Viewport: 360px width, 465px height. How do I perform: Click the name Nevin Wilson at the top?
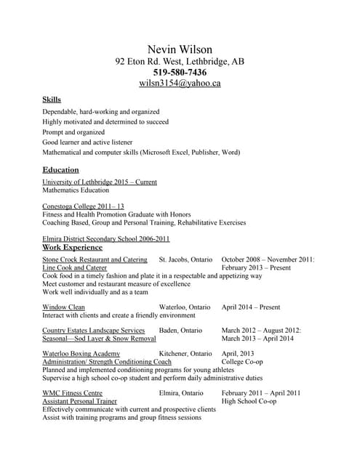180,49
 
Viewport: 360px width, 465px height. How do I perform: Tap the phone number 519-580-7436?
180,72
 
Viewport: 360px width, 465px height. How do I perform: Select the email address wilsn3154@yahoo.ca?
180,83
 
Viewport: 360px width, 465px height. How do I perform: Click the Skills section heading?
52,99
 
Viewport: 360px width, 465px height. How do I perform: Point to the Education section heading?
60,169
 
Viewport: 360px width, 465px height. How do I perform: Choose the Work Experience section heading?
73,247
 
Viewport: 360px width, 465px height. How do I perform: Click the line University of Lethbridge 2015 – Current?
100,182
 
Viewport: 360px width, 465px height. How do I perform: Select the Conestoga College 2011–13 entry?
83,206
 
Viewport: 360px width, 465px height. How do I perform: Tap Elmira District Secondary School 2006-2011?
106,238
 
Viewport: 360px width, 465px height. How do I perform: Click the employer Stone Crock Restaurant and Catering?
95,259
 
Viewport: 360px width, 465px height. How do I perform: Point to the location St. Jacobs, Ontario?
185,259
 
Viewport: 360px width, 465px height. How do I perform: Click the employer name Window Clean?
64,307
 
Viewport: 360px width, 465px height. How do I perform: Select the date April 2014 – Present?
251,307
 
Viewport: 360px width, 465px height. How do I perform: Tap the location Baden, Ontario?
181,330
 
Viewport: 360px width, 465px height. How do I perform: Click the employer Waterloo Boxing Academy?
81,353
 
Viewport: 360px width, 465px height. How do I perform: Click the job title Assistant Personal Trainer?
80,401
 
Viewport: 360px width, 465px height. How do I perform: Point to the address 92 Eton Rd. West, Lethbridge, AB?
180,61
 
